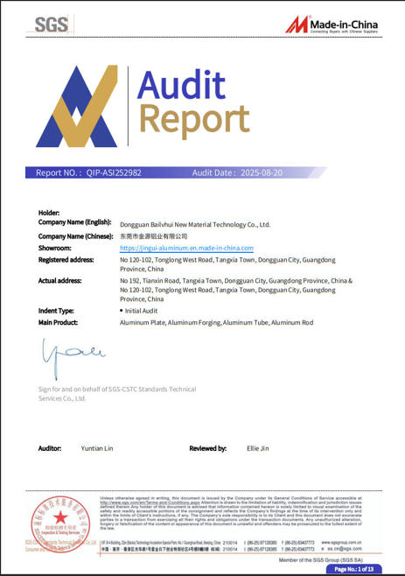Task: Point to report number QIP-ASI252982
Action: [x=114, y=173]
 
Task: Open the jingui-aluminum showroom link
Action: [x=186, y=248]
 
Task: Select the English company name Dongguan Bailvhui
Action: [x=194, y=224]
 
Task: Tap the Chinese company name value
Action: [x=154, y=236]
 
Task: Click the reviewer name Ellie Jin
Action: [x=258, y=448]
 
